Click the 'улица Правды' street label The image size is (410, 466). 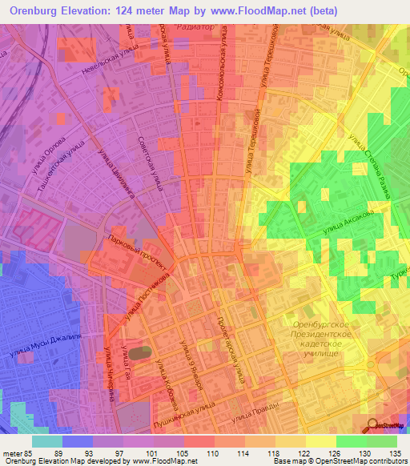254,416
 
